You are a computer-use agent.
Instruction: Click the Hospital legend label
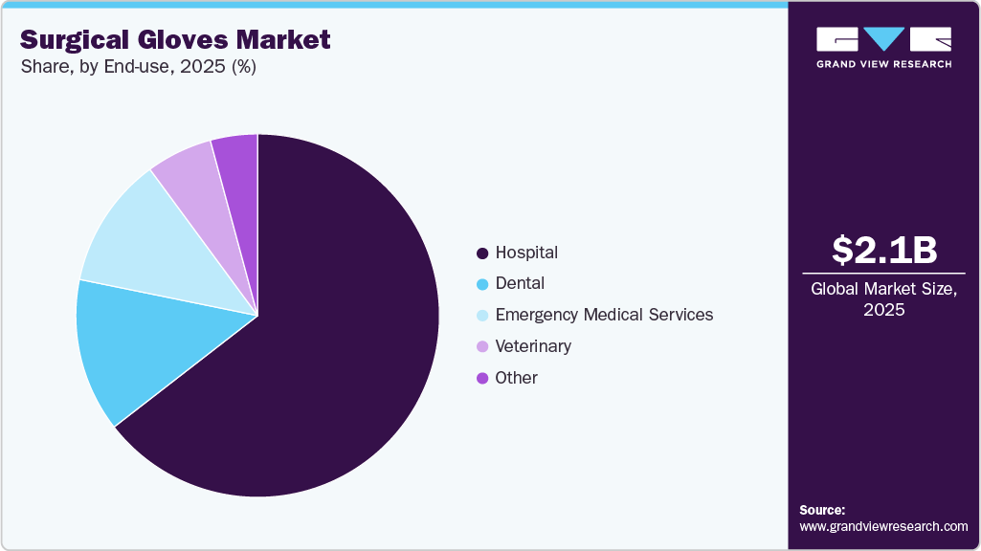(526, 253)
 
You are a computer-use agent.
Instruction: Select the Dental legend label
(520, 283)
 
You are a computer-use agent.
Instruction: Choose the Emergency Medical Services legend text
(604, 315)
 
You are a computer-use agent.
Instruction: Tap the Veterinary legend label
(533, 345)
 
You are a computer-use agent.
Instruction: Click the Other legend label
(516, 377)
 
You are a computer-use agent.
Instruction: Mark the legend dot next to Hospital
(482, 253)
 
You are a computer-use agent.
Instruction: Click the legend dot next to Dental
(482, 284)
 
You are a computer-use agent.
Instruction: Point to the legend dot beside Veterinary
(482, 346)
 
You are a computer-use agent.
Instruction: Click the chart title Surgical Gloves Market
(175, 39)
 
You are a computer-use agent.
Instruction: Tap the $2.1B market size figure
(883, 250)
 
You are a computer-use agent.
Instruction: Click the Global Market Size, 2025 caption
(883, 298)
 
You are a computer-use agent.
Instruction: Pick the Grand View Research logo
(883, 47)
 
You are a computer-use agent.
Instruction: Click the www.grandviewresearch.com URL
(883, 526)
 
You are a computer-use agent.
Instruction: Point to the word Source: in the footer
(822, 510)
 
